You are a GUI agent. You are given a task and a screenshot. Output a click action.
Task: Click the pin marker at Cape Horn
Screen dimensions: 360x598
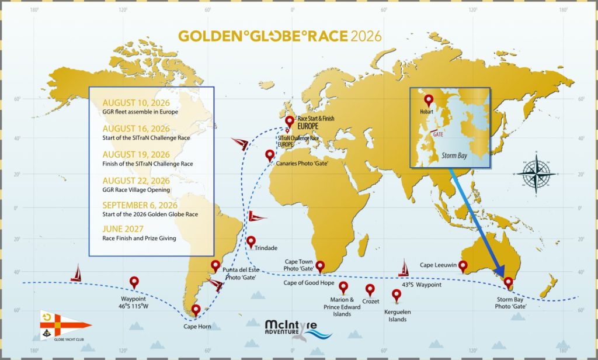point(196,309)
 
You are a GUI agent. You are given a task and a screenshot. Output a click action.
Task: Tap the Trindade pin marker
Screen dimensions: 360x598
point(251,241)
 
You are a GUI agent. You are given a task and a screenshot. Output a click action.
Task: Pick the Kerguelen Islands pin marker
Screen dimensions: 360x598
point(397,295)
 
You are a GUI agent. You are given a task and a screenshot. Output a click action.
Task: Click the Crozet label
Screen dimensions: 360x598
point(370,302)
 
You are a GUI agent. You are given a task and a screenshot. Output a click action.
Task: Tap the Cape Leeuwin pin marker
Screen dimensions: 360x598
point(463,266)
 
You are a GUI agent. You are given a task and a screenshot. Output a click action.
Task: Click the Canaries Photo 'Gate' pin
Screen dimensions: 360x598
point(270,155)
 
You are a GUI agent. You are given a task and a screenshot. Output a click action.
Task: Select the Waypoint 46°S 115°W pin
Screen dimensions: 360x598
point(134,282)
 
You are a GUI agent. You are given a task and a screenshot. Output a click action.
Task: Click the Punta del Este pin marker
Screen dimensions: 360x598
point(215,265)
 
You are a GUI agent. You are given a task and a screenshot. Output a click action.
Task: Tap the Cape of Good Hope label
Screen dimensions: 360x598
point(309,283)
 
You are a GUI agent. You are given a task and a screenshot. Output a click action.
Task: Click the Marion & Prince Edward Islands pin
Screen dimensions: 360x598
point(343,287)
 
